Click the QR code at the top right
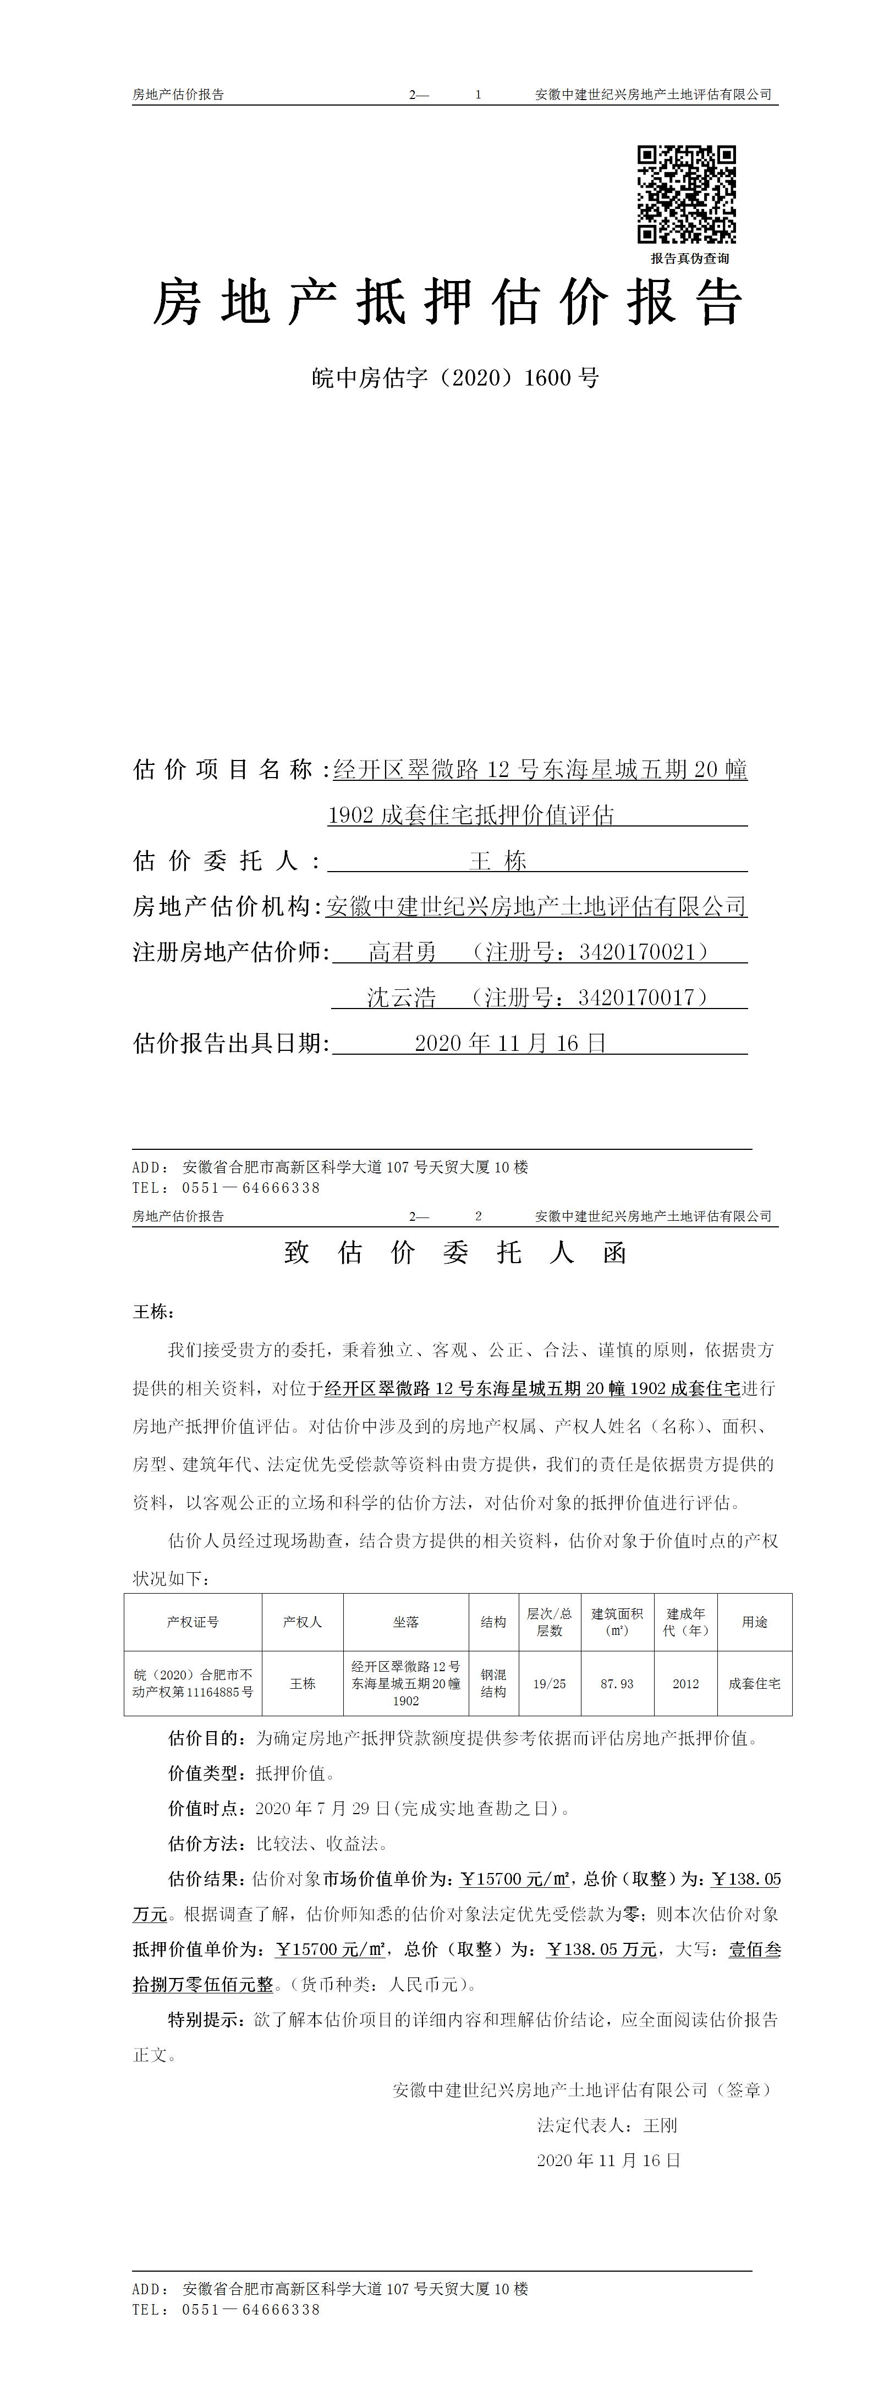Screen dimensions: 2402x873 point(687,194)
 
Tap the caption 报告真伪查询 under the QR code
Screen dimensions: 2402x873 point(689,258)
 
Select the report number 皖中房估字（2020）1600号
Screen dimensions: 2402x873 point(454,378)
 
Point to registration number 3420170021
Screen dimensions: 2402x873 point(637,952)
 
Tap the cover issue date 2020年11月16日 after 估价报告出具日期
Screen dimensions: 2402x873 point(510,1043)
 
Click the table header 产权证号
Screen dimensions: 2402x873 point(193,1622)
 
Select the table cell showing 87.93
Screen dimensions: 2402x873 point(617,1683)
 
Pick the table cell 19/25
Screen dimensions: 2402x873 point(550,1683)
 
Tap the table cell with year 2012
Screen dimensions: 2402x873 point(685,1683)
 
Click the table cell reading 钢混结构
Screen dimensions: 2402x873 point(493,1683)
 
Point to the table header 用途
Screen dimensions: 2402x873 point(755,1622)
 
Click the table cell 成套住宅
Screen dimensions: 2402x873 point(755,1683)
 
